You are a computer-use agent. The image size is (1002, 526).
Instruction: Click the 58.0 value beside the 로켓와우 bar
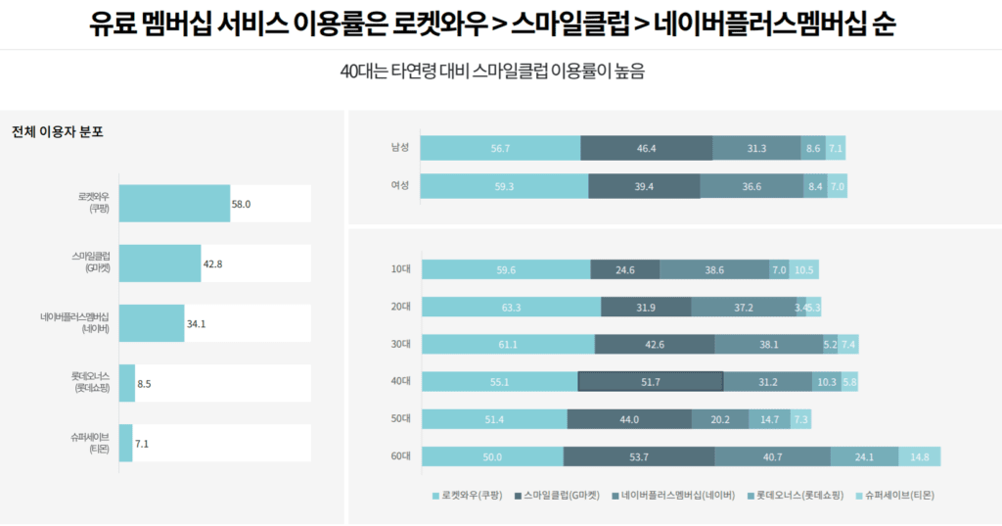click(x=241, y=204)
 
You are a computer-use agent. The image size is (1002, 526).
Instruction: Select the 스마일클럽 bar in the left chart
click(x=159, y=263)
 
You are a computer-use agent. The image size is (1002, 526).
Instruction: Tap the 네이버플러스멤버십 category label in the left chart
click(x=74, y=323)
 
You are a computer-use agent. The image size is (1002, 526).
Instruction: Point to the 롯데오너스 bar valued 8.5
click(x=126, y=383)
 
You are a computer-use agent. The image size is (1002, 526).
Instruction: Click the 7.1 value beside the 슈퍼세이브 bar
click(x=142, y=444)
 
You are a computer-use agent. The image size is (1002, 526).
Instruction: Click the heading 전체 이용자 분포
click(x=58, y=132)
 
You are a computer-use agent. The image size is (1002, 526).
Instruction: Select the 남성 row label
click(x=399, y=148)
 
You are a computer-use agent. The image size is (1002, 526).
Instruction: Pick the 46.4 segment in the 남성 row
click(x=646, y=148)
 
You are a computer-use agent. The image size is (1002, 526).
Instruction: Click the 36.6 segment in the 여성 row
click(x=751, y=186)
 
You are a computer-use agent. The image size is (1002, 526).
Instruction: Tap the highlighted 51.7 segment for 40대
click(x=651, y=382)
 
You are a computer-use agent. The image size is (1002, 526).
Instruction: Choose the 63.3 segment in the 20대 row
click(x=510, y=308)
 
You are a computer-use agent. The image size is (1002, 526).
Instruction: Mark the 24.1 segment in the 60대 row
click(x=864, y=456)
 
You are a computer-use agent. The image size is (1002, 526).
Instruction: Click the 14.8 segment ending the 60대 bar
click(x=920, y=456)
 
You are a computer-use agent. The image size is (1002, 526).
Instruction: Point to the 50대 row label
click(x=399, y=419)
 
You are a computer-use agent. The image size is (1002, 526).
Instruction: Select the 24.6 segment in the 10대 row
click(x=625, y=270)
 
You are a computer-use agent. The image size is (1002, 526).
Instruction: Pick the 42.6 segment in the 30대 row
click(x=654, y=345)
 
